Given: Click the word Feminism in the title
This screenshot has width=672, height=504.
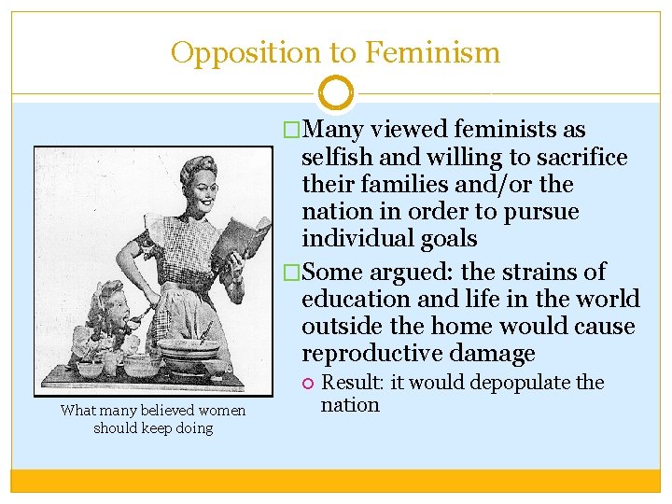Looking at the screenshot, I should click(x=433, y=52).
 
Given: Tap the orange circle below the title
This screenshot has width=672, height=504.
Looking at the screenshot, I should click(x=336, y=93).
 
